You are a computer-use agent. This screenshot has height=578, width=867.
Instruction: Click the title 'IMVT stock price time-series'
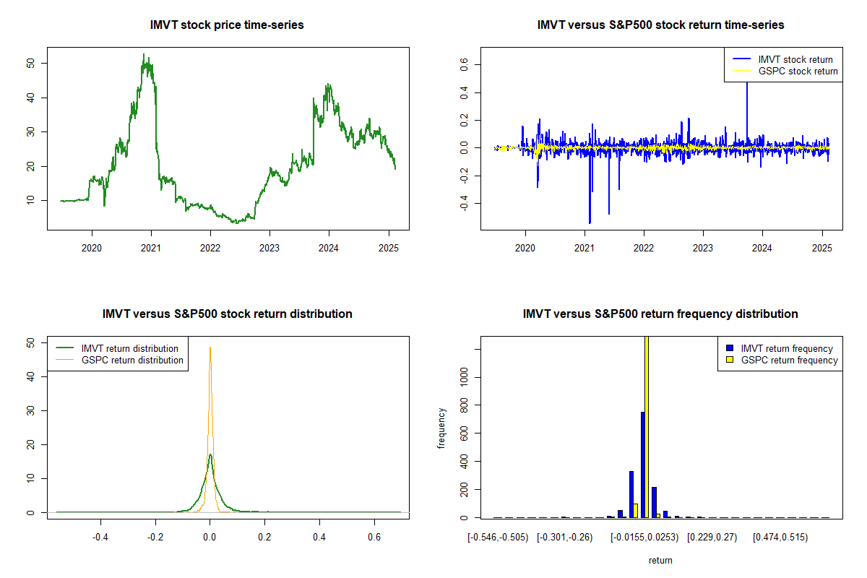(x=227, y=25)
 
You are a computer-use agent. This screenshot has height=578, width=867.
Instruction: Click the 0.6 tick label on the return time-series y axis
(x=464, y=64)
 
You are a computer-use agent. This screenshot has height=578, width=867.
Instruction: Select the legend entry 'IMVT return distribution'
(x=129, y=348)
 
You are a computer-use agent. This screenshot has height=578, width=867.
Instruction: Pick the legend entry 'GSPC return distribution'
(x=132, y=360)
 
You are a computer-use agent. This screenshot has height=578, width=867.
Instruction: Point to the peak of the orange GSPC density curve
(x=210, y=348)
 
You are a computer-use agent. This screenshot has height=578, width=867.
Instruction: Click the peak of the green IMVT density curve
(x=210, y=454)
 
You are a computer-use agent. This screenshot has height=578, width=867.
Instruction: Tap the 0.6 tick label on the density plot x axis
(x=374, y=537)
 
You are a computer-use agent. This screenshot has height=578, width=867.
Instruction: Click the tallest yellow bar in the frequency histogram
(x=647, y=433)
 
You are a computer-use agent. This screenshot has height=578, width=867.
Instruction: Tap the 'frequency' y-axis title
(x=441, y=428)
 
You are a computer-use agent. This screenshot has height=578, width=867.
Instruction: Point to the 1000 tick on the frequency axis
(x=464, y=376)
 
